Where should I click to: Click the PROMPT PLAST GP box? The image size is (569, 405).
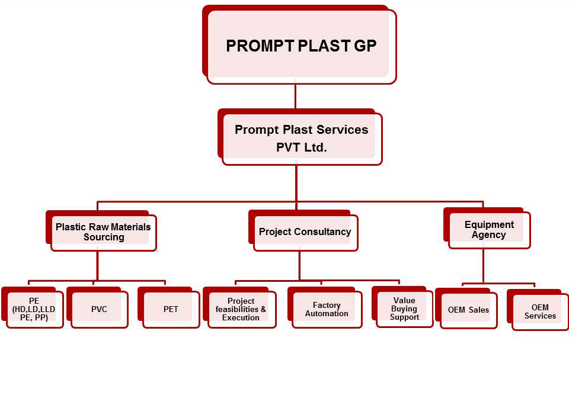click(301, 46)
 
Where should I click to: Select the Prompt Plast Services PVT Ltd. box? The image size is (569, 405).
click(301, 139)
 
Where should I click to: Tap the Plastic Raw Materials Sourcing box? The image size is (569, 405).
click(103, 232)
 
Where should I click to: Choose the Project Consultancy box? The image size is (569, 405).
click(305, 232)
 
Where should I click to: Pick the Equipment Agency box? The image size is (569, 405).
click(489, 230)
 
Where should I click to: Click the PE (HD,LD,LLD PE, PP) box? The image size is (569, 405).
click(34, 309)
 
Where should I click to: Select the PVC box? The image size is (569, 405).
click(99, 309)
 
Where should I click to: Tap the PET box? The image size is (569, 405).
click(171, 309)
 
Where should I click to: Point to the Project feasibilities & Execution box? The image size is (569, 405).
click(241, 309)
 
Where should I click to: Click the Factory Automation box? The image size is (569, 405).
click(327, 309)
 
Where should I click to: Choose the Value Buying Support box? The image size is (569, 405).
click(404, 308)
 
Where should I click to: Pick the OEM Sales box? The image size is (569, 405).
click(468, 310)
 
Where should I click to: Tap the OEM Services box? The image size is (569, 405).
click(540, 311)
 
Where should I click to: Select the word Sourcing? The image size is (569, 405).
click(104, 237)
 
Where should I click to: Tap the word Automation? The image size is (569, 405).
click(327, 314)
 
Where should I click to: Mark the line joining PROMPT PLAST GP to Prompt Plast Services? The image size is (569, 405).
click(295, 97)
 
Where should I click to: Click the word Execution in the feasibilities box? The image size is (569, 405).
click(241, 318)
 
